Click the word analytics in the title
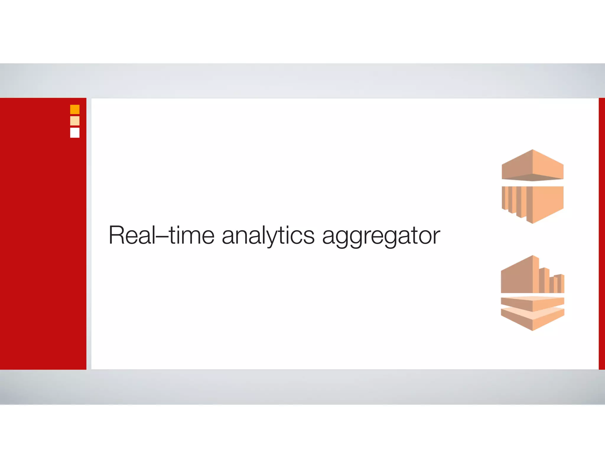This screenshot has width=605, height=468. [x=268, y=236]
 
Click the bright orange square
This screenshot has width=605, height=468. [x=75, y=109]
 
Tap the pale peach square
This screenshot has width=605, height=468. [x=75, y=121]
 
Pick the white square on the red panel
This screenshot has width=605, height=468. [x=75, y=133]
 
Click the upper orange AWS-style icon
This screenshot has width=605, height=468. [x=533, y=186]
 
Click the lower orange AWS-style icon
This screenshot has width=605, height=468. [x=533, y=293]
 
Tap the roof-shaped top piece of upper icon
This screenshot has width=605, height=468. [x=533, y=166]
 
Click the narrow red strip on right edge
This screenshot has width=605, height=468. [x=602, y=234]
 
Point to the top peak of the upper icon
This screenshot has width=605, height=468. [x=533, y=151]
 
